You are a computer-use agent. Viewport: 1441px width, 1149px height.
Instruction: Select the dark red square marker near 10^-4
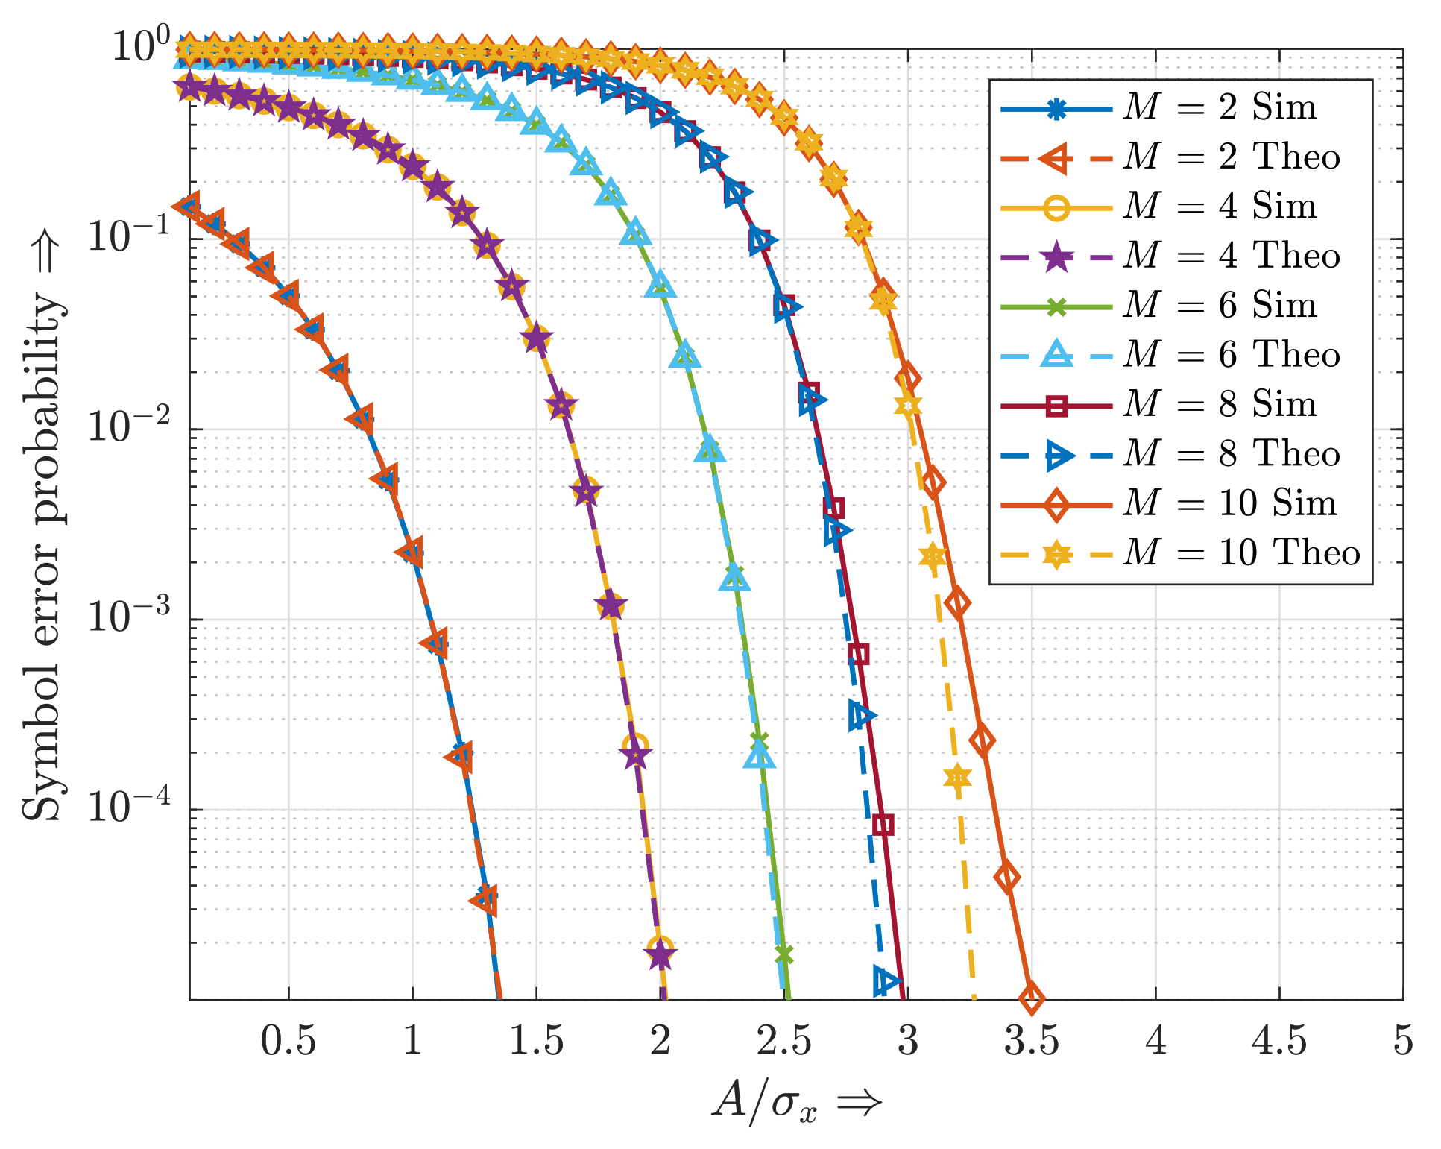(x=883, y=825)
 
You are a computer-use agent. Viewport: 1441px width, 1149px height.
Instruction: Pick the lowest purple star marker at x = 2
(x=660, y=956)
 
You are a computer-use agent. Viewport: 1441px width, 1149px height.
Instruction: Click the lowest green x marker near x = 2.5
(x=783, y=955)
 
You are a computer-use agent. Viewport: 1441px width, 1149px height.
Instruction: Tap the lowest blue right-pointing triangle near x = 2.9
(x=885, y=981)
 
